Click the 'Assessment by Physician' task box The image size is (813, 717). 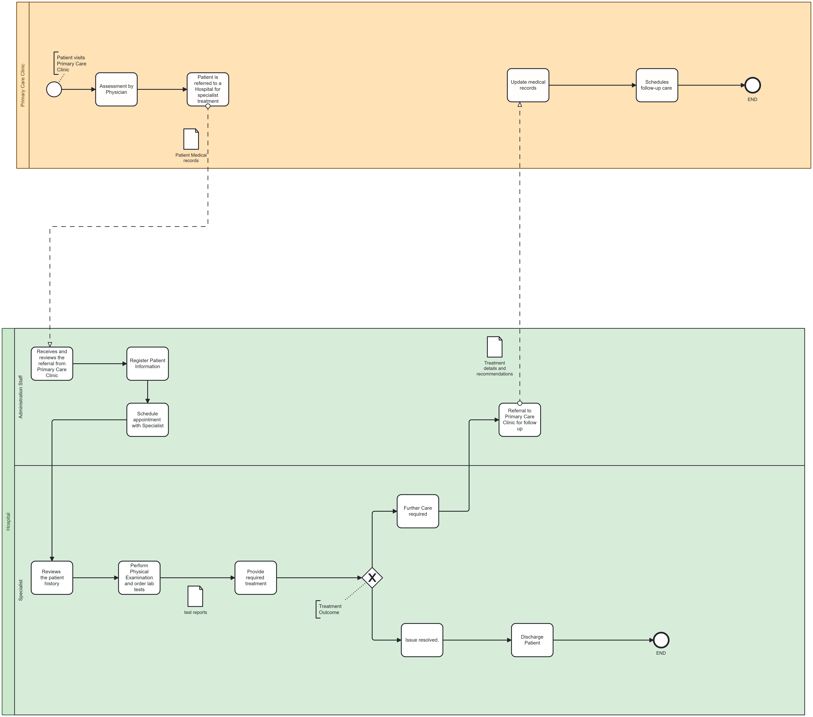[116, 89]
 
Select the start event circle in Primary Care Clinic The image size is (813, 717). [54, 89]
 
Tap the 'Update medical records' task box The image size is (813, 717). [528, 85]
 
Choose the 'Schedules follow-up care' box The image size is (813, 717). [657, 85]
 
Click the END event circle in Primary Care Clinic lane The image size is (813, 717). [752, 85]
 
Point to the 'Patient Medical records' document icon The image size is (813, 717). [191, 139]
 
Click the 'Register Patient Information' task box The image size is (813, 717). [148, 364]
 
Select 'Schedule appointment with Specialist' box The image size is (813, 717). [148, 420]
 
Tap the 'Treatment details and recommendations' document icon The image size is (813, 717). [494, 347]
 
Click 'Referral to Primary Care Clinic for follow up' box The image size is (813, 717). [519, 420]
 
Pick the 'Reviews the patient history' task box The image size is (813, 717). [52, 577]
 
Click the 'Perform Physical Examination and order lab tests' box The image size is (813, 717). [139, 577]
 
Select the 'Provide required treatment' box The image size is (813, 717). [255, 577]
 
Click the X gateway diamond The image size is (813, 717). [372, 577]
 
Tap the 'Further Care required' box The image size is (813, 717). [418, 511]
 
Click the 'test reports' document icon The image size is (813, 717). [195, 596]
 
